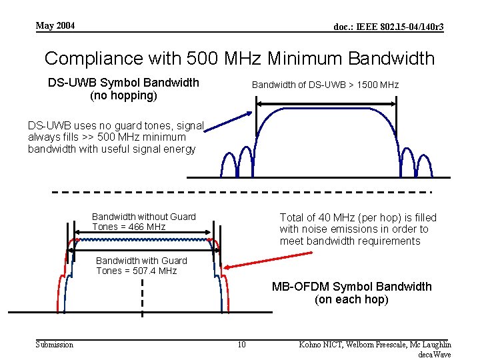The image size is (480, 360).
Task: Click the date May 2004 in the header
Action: (x=55, y=26)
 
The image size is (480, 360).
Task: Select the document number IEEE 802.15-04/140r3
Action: (x=389, y=27)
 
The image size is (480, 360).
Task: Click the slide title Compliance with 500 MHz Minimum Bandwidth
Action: (x=239, y=58)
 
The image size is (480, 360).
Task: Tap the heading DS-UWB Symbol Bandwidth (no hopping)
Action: (x=123, y=89)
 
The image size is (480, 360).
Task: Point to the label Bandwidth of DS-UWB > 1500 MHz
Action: (x=325, y=85)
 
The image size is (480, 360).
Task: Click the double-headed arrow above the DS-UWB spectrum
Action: (x=326, y=102)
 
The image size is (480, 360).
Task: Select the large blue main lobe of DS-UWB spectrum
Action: (x=326, y=137)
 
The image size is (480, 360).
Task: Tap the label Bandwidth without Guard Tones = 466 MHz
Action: (x=144, y=221)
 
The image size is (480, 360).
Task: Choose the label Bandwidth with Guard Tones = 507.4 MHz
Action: (x=141, y=265)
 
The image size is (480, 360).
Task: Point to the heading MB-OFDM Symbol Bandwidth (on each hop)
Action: (x=351, y=293)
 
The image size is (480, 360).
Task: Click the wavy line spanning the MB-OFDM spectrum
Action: (x=143, y=237)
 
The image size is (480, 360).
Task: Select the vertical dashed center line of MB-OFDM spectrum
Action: (x=142, y=297)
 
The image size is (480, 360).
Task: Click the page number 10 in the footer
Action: (x=241, y=344)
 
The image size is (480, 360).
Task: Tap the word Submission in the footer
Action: (x=54, y=344)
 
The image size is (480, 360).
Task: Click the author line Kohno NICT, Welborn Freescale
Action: (x=375, y=344)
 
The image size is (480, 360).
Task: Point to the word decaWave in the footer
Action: (x=434, y=355)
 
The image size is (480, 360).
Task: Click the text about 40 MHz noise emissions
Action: (x=358, y=229)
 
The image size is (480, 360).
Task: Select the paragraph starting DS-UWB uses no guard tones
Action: (x=113, y=137)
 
